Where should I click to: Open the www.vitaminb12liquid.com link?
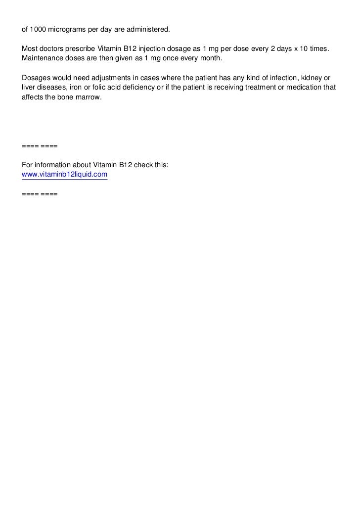(x=65, y=175)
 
